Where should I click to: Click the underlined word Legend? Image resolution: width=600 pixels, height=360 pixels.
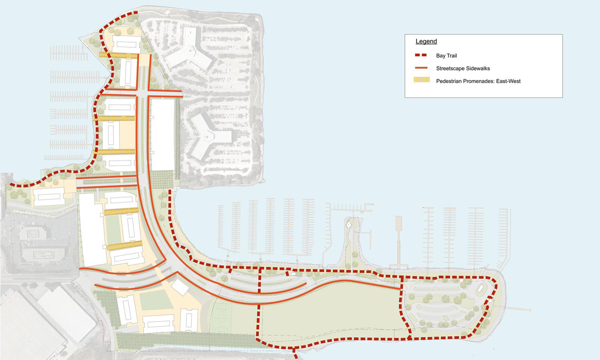[x=426, y=41]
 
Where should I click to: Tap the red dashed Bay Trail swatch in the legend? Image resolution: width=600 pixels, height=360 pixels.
[x=421, y=55]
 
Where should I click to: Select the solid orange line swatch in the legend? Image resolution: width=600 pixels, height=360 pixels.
[x=421, y=68]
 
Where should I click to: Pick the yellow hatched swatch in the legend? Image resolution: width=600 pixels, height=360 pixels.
[x=422, y=80]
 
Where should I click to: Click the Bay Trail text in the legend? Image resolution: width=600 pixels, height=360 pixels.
[x=446, y=56]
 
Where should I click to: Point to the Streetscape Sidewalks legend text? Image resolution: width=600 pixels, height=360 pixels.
[x=463, y=68]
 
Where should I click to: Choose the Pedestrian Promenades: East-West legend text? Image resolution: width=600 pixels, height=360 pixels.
[x=478, y=81]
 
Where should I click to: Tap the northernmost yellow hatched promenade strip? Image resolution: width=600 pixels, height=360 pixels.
[x=118, y=55]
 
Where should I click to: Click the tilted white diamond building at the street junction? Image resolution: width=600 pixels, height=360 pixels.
[x=180, y=286]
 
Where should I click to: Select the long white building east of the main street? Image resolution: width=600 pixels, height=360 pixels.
[x=162, y=134]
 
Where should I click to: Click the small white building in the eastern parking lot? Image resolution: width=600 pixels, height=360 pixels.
[x=480, y=288]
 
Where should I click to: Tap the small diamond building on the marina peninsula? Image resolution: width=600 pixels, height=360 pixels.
[x=348, y=225]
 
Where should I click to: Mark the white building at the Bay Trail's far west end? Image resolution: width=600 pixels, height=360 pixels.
[x=49, y=197]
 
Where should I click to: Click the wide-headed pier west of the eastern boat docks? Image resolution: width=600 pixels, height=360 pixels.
[x=398, y=240]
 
